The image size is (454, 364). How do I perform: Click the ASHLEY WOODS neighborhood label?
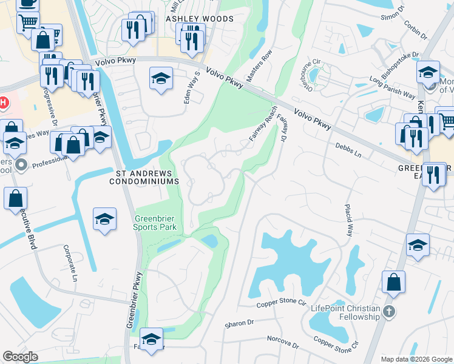click(200, 19)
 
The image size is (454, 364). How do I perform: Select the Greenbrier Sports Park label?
click(155, 223)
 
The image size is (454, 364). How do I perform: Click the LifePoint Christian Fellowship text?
click(345, 312)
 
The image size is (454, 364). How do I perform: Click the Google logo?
click(20, 357)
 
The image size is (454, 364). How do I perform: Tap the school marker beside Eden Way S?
click(161, 79)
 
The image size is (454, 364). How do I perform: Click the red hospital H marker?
click(2, 102)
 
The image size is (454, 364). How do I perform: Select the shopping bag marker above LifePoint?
click(393, 283)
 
